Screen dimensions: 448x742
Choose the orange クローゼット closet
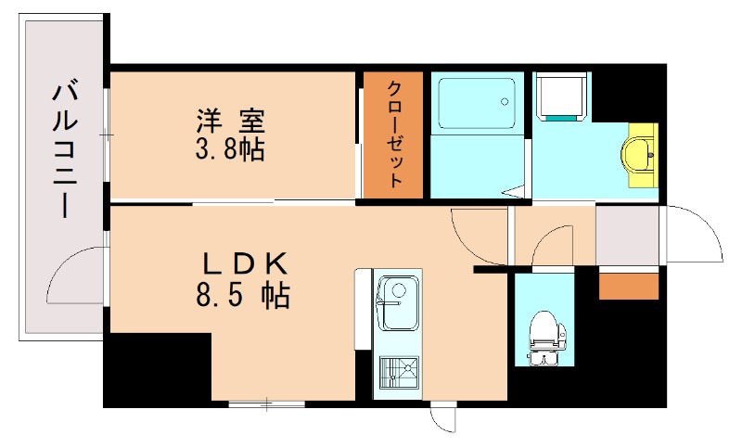tap(394, 135)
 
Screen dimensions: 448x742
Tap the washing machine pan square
tap(562, 97)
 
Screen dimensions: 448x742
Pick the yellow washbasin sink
tap(640, 154)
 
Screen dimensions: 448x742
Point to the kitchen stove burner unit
tap(397, 375)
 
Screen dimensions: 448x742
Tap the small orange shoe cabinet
tap(628, 286)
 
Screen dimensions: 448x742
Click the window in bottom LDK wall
tap(266, 404)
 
